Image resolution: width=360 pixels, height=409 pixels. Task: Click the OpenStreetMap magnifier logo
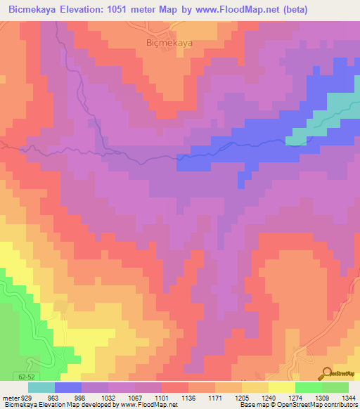coord(327,373)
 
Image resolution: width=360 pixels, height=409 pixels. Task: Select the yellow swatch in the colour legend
coord(282,387)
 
